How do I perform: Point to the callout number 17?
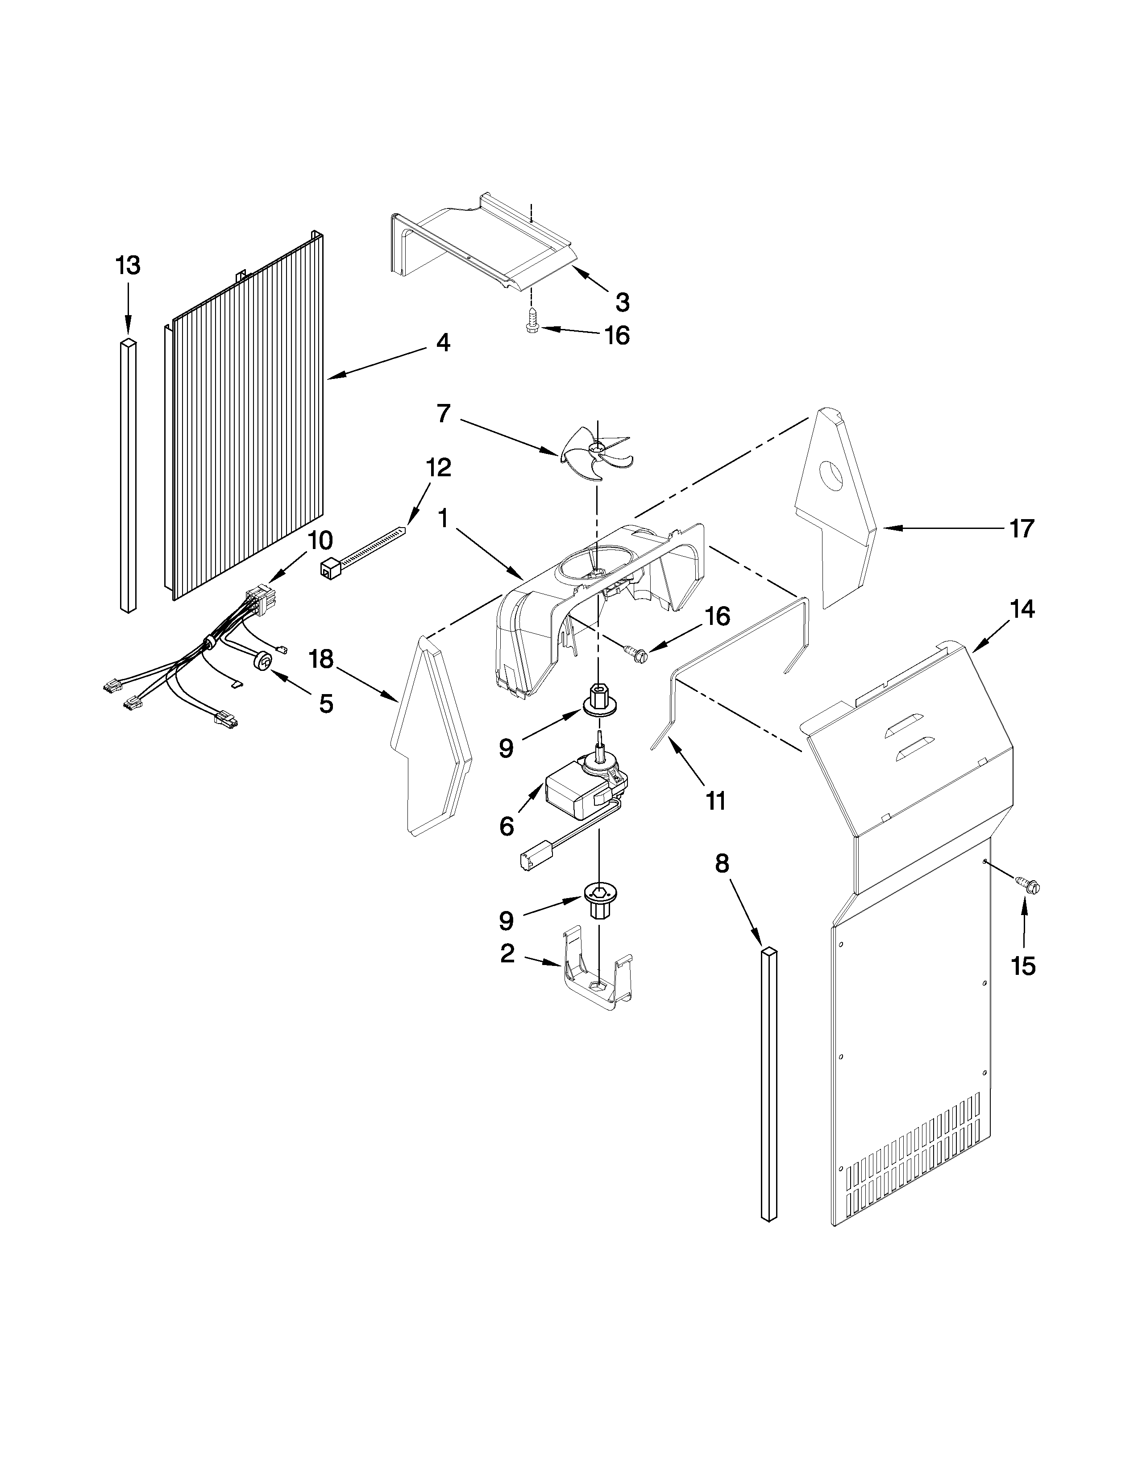click(x=1022, y=529)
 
